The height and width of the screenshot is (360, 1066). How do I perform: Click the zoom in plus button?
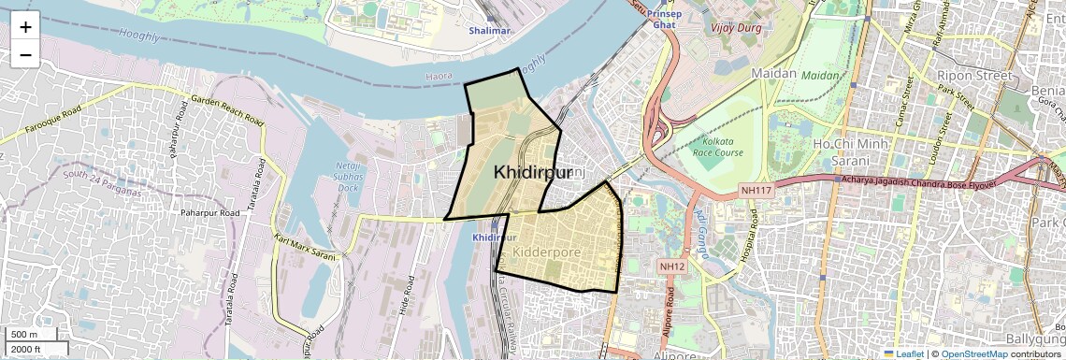click(25, 26)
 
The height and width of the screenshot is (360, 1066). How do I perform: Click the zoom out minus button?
click(25, 54)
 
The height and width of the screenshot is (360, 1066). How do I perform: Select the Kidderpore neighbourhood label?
click(547, 252)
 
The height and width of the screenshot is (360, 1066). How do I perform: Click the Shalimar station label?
click(490, 31)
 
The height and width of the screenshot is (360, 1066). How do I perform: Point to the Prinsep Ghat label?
click(664, 19)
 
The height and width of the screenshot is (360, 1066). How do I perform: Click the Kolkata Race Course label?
click(716, 147)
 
